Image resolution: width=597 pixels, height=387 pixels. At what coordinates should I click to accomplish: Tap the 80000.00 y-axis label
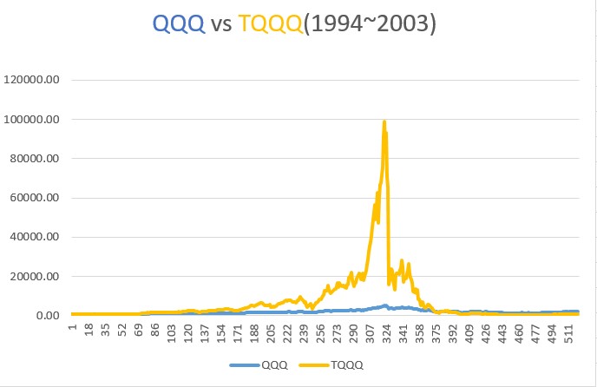pyautogui.click(x=36, y=159)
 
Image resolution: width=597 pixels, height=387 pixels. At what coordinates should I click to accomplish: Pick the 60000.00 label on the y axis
pyautogui.click(x=36, y=198)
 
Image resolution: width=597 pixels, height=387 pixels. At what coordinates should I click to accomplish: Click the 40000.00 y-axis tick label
pyautogui.click(x=36, y=237)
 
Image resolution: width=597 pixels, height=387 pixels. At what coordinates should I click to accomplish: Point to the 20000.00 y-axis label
pyautogui.click(x=36, y=277)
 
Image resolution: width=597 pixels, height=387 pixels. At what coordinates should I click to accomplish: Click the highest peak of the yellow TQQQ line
pyautogui.click(x=384, y=121)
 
